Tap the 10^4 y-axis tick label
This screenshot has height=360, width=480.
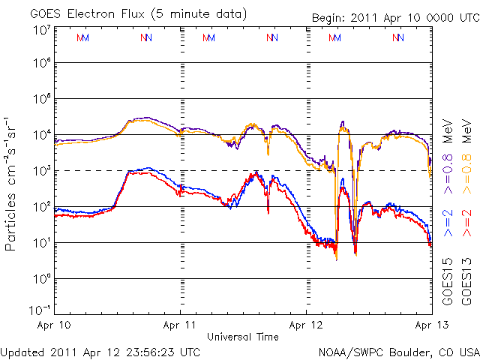pyautogui.click(x=41, y=135)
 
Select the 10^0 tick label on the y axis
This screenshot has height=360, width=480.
pyautogui.click(x=41, y=279)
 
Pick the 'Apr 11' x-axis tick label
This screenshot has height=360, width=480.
pyautogui.click(x=181, y=325)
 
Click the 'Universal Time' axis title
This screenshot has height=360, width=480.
pyautogui.click(x=243, y=337)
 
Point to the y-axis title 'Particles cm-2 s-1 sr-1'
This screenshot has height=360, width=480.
pyautogui.click(x=13, y=183)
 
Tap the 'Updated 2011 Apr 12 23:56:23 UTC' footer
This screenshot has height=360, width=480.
pyautogui.click(x=100, y=351)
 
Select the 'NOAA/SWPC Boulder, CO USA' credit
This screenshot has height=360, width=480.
pyautogui.click(x=398, y=351)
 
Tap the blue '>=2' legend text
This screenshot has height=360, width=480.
pyautogui.click(x=448, y=225)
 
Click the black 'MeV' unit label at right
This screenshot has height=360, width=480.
pyautogui.click(x=448, y=132)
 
